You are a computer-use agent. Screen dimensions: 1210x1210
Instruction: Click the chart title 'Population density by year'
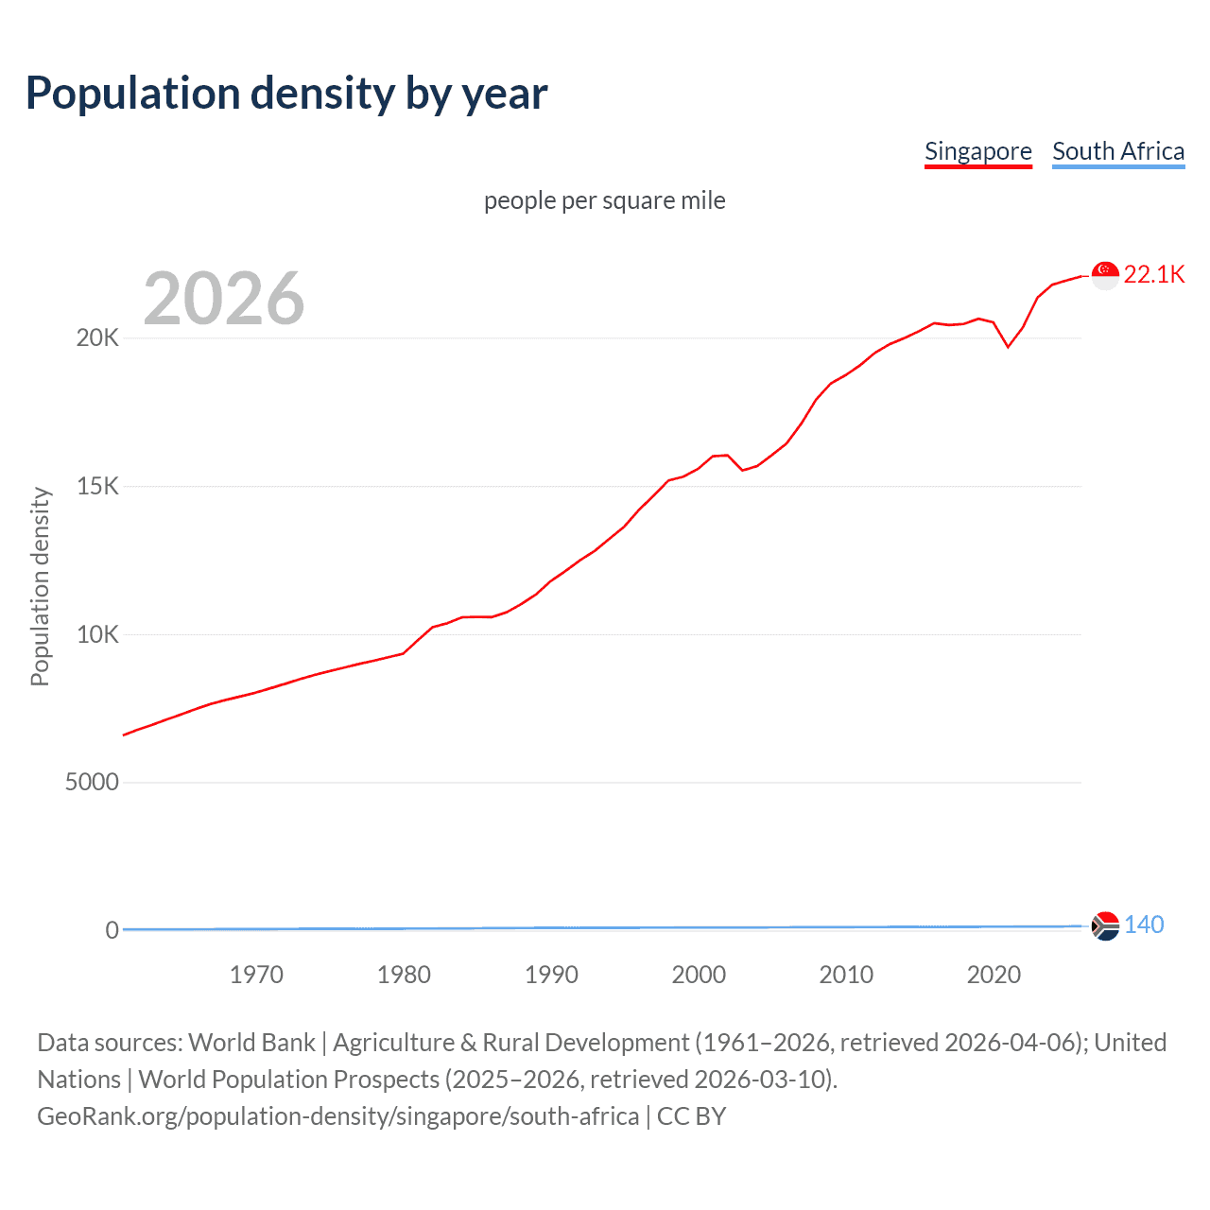pos(286,94)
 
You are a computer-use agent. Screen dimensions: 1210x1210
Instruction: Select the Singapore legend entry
pos(977,151)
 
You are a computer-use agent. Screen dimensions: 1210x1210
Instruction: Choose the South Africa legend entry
pos(1118,151)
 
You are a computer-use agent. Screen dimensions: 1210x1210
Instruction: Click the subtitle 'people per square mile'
pos(605,200)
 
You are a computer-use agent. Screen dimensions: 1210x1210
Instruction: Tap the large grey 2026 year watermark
pos(224,299)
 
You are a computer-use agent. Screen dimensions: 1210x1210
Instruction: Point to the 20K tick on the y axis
pos(97,338)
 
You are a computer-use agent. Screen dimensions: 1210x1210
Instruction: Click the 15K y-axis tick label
pos(97,487)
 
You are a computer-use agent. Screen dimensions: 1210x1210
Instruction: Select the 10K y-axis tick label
pos(97,634)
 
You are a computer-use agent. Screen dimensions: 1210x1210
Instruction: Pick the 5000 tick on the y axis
pos(92,783)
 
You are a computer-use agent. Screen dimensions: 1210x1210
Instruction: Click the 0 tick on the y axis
pos(112,930)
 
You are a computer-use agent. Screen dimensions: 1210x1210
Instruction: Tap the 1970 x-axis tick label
pos(256,975)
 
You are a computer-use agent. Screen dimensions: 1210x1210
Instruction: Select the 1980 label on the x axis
pos(404,975)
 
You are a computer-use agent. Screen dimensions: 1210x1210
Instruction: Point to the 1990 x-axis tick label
pos(551,975)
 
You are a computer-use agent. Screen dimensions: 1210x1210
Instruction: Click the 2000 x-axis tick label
pos(699,975)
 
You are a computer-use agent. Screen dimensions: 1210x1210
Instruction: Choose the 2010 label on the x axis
pos(846,975)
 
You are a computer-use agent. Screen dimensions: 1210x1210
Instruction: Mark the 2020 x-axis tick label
pos(994,975)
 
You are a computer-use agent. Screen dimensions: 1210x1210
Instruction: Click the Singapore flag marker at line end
pos(1105,275)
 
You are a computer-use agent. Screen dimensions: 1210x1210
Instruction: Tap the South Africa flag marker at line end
pos(1105,925)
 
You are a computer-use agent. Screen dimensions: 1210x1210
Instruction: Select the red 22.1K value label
pos(1154,275)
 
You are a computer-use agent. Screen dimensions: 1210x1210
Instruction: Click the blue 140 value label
pos(1144,925)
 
